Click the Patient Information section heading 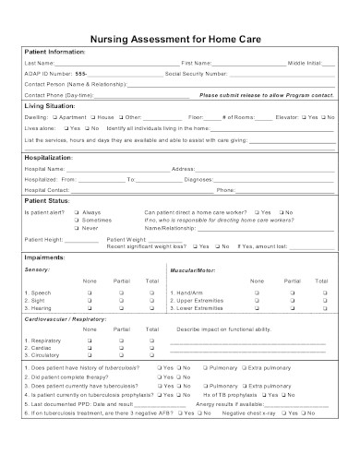pyautogui.click(x=54, y=51)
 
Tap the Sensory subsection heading pyautogui.click(x=38, y=269)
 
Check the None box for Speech pyautogui.click(x=90, y=293)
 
